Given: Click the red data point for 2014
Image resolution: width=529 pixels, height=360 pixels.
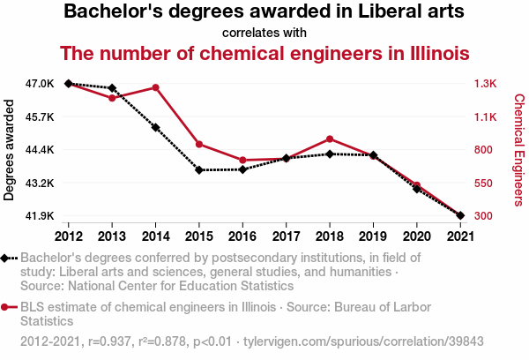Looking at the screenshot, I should (x=155, y=87).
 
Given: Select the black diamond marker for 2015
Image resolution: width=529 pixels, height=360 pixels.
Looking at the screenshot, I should (x=199, y=169).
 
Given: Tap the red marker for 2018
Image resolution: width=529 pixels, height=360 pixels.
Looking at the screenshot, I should (x=329, y=139).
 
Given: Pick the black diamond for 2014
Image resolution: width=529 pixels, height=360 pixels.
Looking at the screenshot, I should (x=155, y=127).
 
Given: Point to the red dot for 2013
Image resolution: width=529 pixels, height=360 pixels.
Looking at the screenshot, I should (x=112, y=98).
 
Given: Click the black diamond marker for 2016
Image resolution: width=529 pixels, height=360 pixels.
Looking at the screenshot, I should (x=242, y=169).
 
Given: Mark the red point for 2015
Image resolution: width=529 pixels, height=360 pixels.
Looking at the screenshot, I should (x=199, y=144).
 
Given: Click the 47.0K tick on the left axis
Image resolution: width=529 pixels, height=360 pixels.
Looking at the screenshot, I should (x=41, y=84).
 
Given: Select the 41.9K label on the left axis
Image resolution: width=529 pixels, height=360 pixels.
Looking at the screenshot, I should (x=41, y=216).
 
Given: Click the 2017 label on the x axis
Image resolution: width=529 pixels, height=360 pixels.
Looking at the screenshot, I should (x=286, y=236).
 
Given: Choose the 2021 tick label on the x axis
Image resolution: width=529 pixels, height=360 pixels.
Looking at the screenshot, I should (x=459, y=236).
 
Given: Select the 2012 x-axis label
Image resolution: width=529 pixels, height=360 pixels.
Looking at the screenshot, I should (x=69, y=236).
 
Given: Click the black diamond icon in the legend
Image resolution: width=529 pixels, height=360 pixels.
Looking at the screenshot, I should (x=6, y=258).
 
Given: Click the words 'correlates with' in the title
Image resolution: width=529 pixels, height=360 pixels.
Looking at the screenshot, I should (x=264, y=33).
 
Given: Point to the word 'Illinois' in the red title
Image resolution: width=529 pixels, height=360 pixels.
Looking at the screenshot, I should (x=432, y=53).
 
